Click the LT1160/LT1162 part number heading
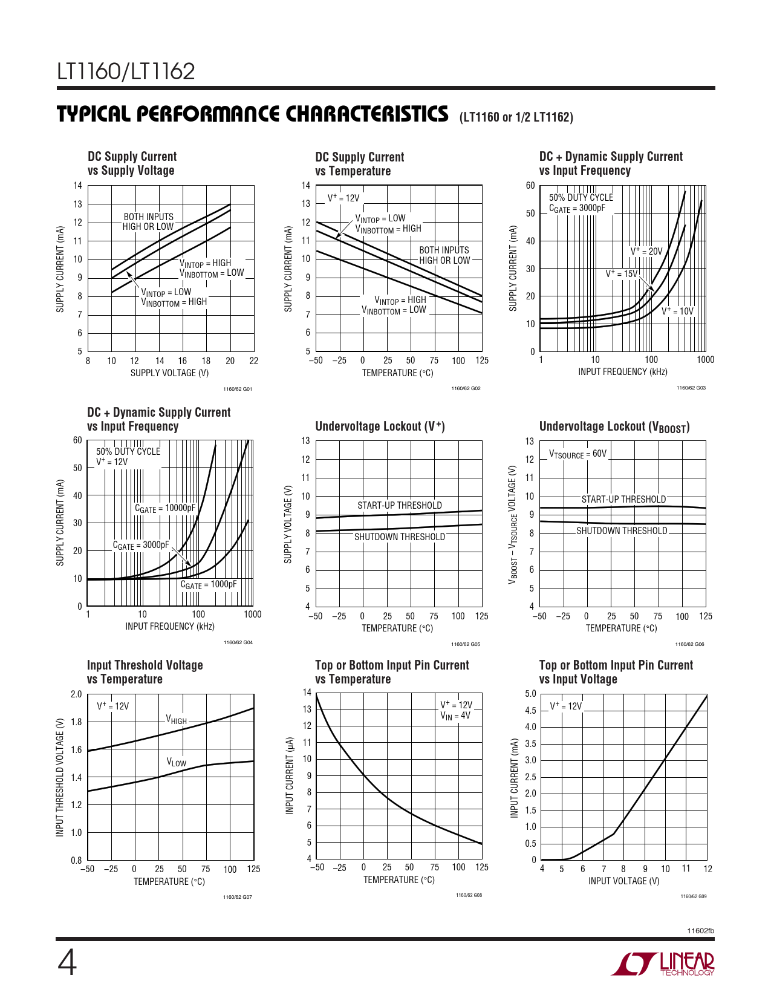[x=126, y=71]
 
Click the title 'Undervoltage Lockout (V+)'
[x=380, y=426]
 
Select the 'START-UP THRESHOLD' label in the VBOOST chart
[x=623, y=499]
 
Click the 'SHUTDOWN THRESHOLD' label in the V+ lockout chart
[x=399, y=537]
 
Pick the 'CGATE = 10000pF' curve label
[x=165, y=509]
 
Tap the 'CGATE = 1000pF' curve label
[x=209, y=585]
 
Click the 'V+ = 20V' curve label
[x=646, y=251]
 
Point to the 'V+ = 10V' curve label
[x=677, y=311]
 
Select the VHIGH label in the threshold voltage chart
[x=177, y=720]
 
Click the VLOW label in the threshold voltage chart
[x=177, y=762]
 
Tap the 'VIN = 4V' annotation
[x=455, y=716]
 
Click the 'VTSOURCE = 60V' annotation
[x=577, y=454]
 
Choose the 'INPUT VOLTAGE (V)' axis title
[x=623, y=881]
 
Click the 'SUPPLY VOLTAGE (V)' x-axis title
[x=169, y=373]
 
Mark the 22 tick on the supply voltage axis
[x=253, y=361]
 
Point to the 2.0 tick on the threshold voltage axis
[x=76, y=694]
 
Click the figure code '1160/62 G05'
[x=466, y=644]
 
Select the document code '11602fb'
[x=701, y=931]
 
